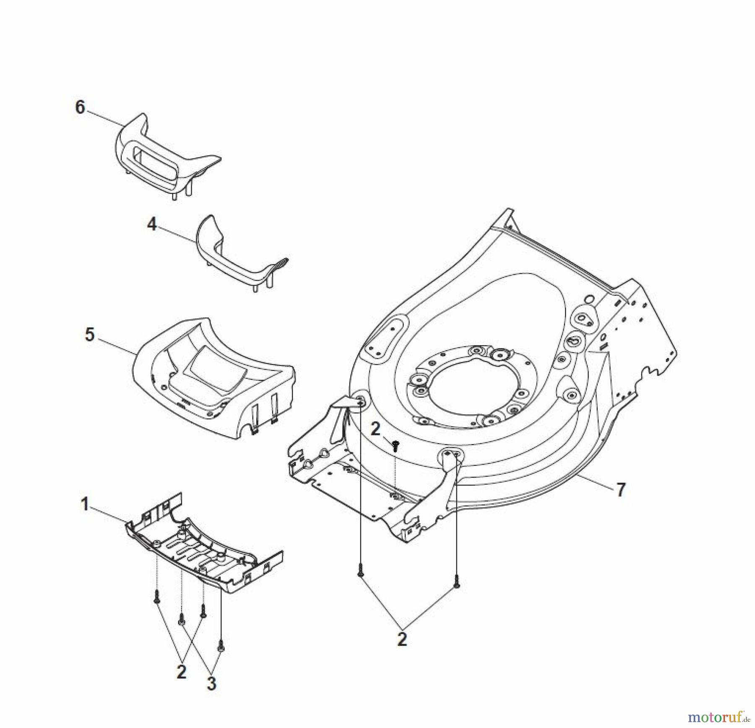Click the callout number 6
click(80, 107)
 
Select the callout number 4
click(151, 225)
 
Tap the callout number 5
click(90, 335)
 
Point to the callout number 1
click(85, 504)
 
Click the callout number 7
click(620, 489)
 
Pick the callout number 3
click(211, 684)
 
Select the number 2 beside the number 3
click(181, 672)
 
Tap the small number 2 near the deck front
click(375, 429)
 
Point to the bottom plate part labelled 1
click(201, 554)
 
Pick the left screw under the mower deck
click(360, 572)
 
